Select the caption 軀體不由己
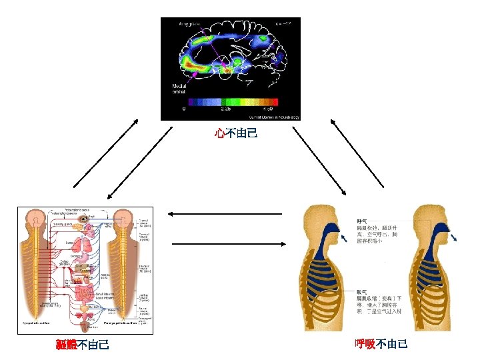(83, 345)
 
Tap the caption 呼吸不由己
(381, 344)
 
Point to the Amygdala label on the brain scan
(192, 25)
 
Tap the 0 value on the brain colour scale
(184, 109)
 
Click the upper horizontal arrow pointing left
(225, 214)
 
